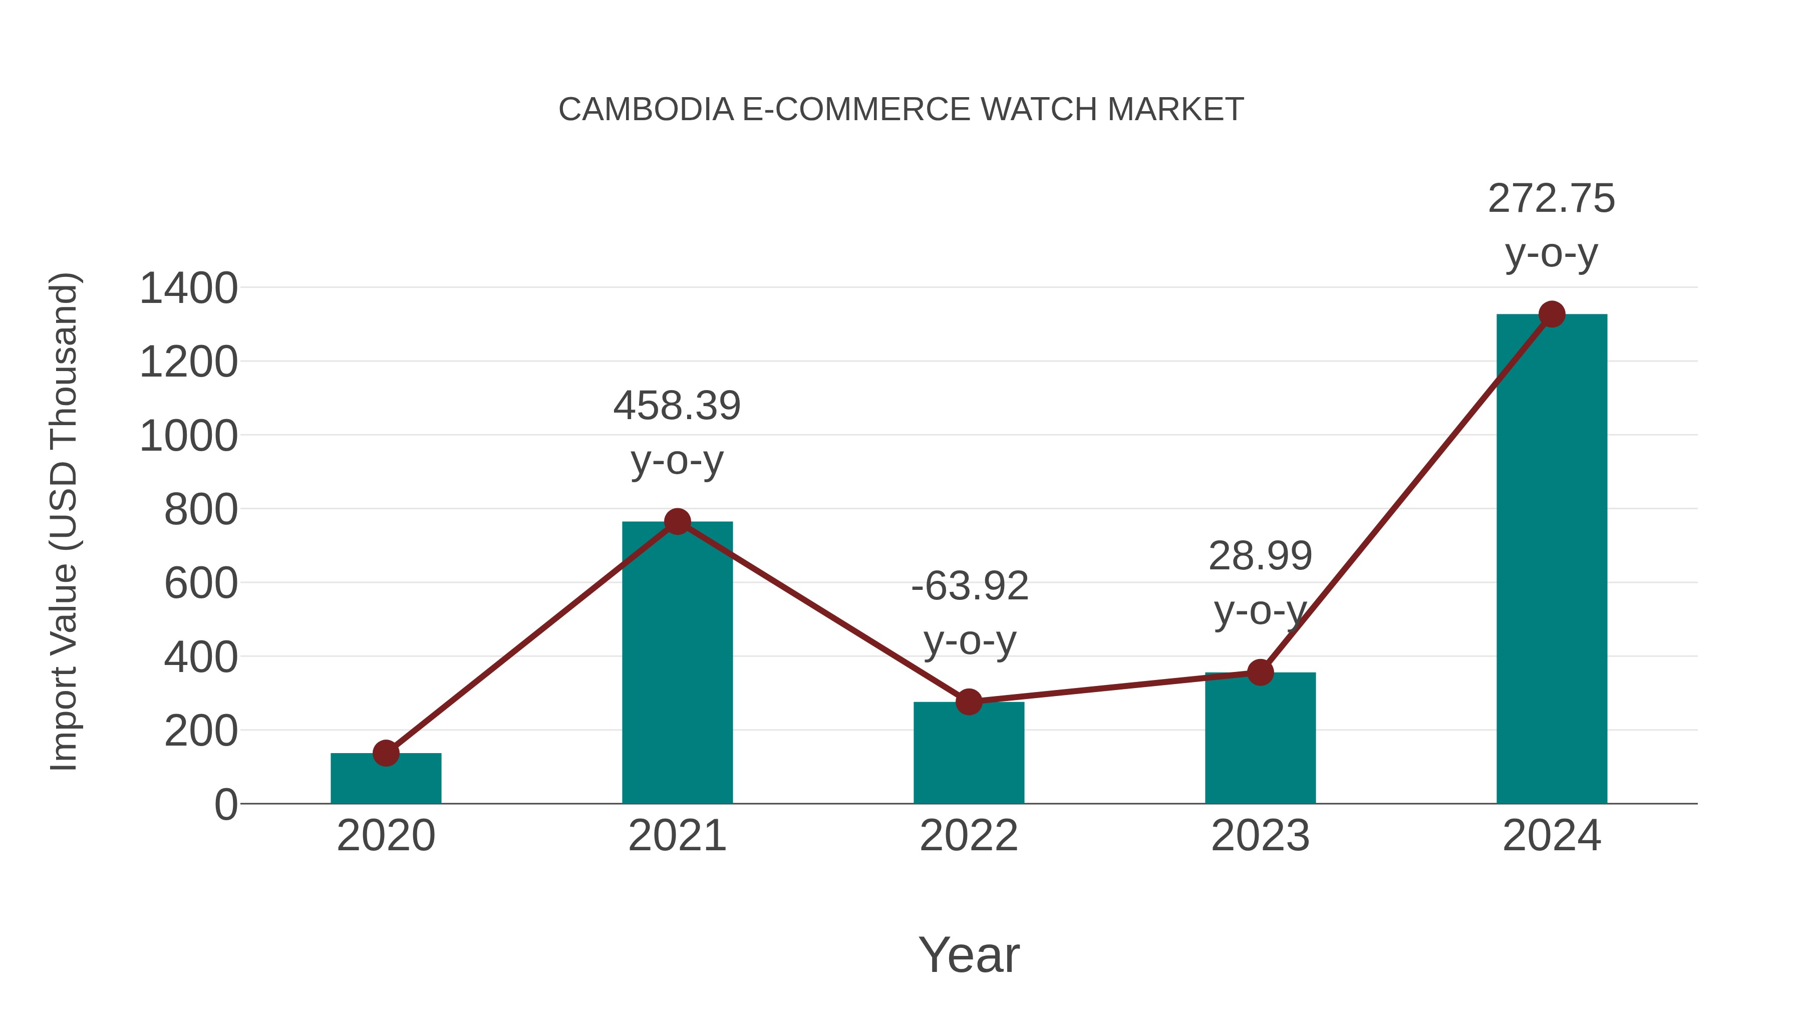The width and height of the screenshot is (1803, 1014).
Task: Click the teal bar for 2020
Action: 386,780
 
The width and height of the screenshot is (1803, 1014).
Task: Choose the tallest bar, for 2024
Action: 1552,560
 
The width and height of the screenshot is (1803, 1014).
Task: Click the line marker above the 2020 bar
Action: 386,754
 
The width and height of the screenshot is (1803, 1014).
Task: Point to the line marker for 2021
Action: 677,521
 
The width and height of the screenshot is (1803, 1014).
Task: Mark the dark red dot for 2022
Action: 969,701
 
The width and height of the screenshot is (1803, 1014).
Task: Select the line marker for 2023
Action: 1260,672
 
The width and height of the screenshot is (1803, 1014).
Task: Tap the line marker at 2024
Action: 1552,314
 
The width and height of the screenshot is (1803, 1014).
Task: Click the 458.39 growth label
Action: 677,406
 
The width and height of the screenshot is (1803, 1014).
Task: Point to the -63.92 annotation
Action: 970,586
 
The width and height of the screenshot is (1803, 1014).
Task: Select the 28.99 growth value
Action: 1260,557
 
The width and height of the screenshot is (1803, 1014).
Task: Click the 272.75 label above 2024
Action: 1551,199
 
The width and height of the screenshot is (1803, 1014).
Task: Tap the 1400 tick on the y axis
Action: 188,288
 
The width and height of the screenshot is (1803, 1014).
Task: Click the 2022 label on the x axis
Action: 969,836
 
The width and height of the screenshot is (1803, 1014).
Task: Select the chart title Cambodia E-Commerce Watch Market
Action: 901,110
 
